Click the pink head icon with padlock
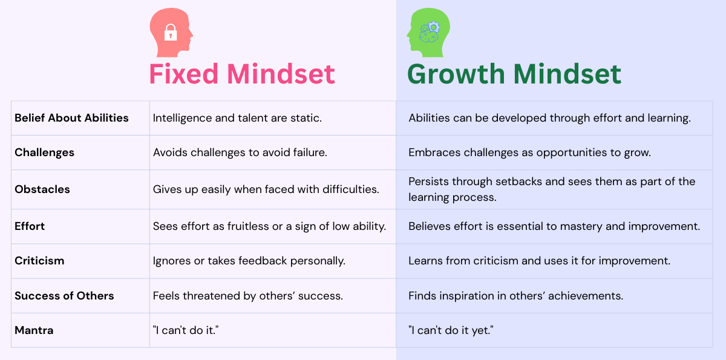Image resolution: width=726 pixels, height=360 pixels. click(171, 33)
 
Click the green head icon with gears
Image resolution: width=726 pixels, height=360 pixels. click(428, 33)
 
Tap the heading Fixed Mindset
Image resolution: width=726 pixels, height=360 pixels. click(242, 74)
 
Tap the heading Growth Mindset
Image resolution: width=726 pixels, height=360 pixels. click(514, 74)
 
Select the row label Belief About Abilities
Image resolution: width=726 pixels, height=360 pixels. click(71, 118)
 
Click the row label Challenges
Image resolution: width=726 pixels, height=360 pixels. click(44, 152)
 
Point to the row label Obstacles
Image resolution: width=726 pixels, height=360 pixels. click(42, 189)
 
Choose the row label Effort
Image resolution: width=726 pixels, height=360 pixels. click(30, 226)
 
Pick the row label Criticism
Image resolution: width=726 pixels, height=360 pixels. click(39, 261)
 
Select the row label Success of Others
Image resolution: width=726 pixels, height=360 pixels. click(64, 296)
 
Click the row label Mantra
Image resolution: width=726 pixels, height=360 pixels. click(34, 330)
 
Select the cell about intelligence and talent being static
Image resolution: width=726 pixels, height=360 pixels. click(237, 118)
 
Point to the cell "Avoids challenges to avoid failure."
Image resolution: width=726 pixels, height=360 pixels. click(240, 152)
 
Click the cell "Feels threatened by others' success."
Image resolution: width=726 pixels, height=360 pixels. click(247, 296)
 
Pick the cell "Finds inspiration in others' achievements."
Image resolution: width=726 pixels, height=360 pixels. click(515, 296)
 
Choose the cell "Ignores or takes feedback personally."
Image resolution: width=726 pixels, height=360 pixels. click(249, 261)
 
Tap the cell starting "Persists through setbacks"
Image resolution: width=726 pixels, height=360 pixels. click(552, 189)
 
